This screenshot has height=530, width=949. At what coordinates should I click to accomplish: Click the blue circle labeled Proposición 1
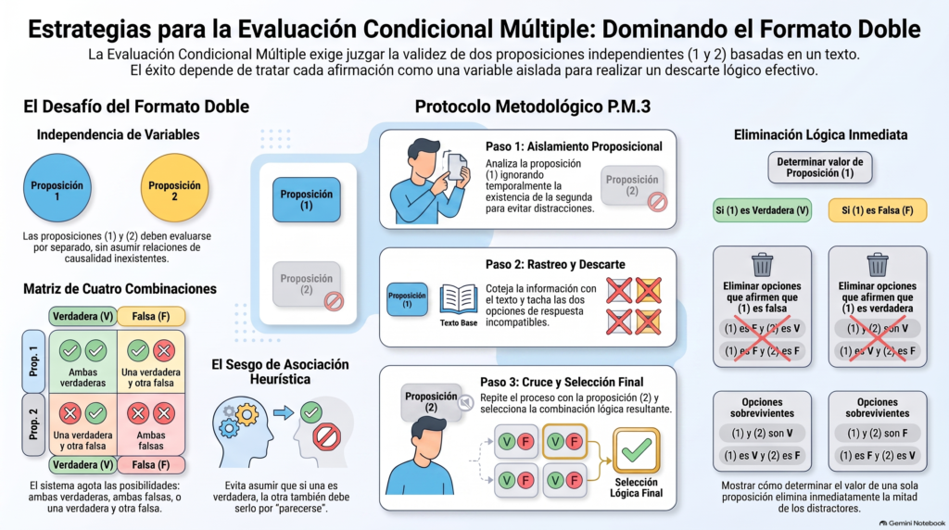[57, 187]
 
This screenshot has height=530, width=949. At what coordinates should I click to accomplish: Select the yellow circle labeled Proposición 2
[174, 187]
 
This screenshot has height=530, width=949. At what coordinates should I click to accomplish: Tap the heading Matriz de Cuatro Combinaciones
[120, 288]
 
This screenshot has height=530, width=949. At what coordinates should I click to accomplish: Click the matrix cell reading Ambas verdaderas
[82, 361]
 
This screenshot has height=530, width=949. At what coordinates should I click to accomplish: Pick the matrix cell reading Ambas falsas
[151, 424]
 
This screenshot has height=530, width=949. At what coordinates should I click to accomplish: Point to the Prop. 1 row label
[33, 361]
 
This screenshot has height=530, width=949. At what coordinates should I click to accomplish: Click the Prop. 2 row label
[33, 424]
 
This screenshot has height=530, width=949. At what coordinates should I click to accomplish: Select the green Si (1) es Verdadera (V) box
[762, 210]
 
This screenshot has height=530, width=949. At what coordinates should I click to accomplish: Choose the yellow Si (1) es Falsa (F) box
[877, 210]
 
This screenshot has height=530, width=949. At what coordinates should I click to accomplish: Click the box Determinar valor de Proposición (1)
[820, 168]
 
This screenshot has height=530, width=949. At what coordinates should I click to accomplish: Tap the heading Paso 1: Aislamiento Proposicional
[574, 146]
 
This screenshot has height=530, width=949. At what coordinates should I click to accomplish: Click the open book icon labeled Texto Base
[458, 299]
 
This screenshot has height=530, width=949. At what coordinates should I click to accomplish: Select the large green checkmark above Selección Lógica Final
[636, 450]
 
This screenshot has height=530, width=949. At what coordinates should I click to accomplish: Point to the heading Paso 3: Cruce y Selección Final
[562, 382]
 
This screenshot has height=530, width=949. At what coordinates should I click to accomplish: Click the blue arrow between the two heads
[283, 412]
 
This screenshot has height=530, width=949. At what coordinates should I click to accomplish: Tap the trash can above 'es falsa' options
[762, 265]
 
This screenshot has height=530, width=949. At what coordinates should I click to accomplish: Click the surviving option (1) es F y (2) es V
[877, 456]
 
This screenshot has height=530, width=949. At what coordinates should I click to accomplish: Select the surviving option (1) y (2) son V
[762, 434]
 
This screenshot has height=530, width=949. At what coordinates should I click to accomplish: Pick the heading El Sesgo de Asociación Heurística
[280, 372]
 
